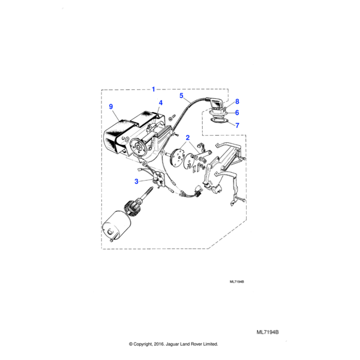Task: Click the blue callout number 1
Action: click(154, 89)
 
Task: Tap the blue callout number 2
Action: click(188, 137)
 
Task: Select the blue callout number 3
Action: click(136, 181)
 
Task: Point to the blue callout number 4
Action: click(160, 103)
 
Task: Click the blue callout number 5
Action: click(181, 95)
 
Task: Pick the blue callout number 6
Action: click(237, 113)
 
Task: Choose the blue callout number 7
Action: click(237, 125)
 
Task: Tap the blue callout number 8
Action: click(237, 101)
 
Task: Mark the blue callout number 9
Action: click(111, 107)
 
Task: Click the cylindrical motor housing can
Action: click(116, 226)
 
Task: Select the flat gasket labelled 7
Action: click(219, 121)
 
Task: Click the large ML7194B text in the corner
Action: click(268, 332)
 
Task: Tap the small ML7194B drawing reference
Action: click(237, 282)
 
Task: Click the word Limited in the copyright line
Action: click(211, 344)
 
